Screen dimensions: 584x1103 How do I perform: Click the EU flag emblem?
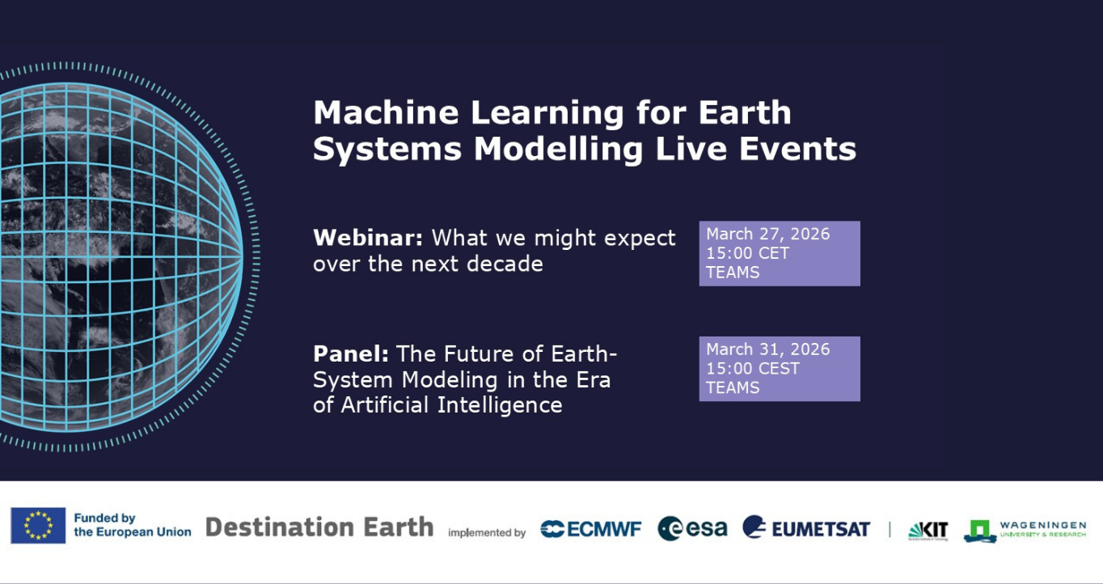(x=38, y=526)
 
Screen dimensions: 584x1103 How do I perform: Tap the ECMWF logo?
(x=590, y=529)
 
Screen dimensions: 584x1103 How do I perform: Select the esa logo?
(x=692, y=528)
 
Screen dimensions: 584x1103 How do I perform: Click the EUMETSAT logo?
(x=806, y=528)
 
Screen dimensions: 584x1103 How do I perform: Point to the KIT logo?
(x=928, y=530)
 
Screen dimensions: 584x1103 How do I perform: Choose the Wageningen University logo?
(x=1025, y=530)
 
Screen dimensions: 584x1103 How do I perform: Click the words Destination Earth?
(x=319, y=527)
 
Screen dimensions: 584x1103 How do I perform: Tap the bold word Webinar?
(x=368, y=238)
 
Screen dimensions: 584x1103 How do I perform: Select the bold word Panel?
(x=351, y=353)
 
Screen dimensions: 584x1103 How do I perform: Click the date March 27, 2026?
(x=767, y=234)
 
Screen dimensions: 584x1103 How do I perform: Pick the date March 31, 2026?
(x=767, y=349)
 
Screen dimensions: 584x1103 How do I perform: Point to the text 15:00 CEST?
(x=752, y=369)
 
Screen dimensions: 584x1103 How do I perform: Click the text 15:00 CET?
(x=747, y=253)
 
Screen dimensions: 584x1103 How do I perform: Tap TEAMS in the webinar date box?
(x=733, y=273)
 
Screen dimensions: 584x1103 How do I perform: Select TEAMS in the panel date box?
(x=733, y=388)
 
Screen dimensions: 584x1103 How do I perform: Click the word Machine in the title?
(x=385, y=112)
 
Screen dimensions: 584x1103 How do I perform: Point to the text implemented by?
(x=487, y=533)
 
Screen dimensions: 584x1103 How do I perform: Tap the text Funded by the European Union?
(x=132, y=525)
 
